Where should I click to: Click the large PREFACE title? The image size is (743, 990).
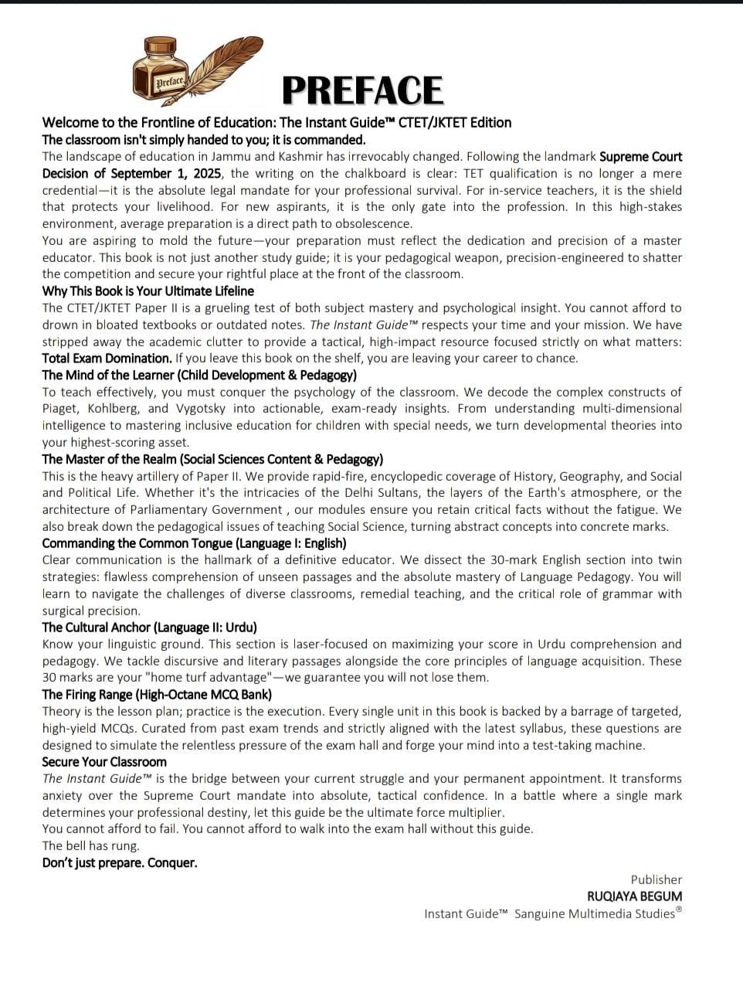362,90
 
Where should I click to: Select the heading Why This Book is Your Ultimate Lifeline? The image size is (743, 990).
148,291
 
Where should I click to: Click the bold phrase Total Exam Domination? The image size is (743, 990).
107,359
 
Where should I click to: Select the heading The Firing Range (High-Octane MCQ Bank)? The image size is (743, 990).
157,695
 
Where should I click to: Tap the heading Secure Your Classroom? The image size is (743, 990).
104,762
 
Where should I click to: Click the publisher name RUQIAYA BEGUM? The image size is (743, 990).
634,896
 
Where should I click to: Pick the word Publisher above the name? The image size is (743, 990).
656,879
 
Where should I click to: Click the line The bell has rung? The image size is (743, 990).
80,846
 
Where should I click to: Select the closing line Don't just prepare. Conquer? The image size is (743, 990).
120,863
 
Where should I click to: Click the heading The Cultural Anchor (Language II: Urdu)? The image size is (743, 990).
149,628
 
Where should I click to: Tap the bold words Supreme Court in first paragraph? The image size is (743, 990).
641,157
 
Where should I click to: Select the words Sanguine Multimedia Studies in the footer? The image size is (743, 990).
595,914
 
